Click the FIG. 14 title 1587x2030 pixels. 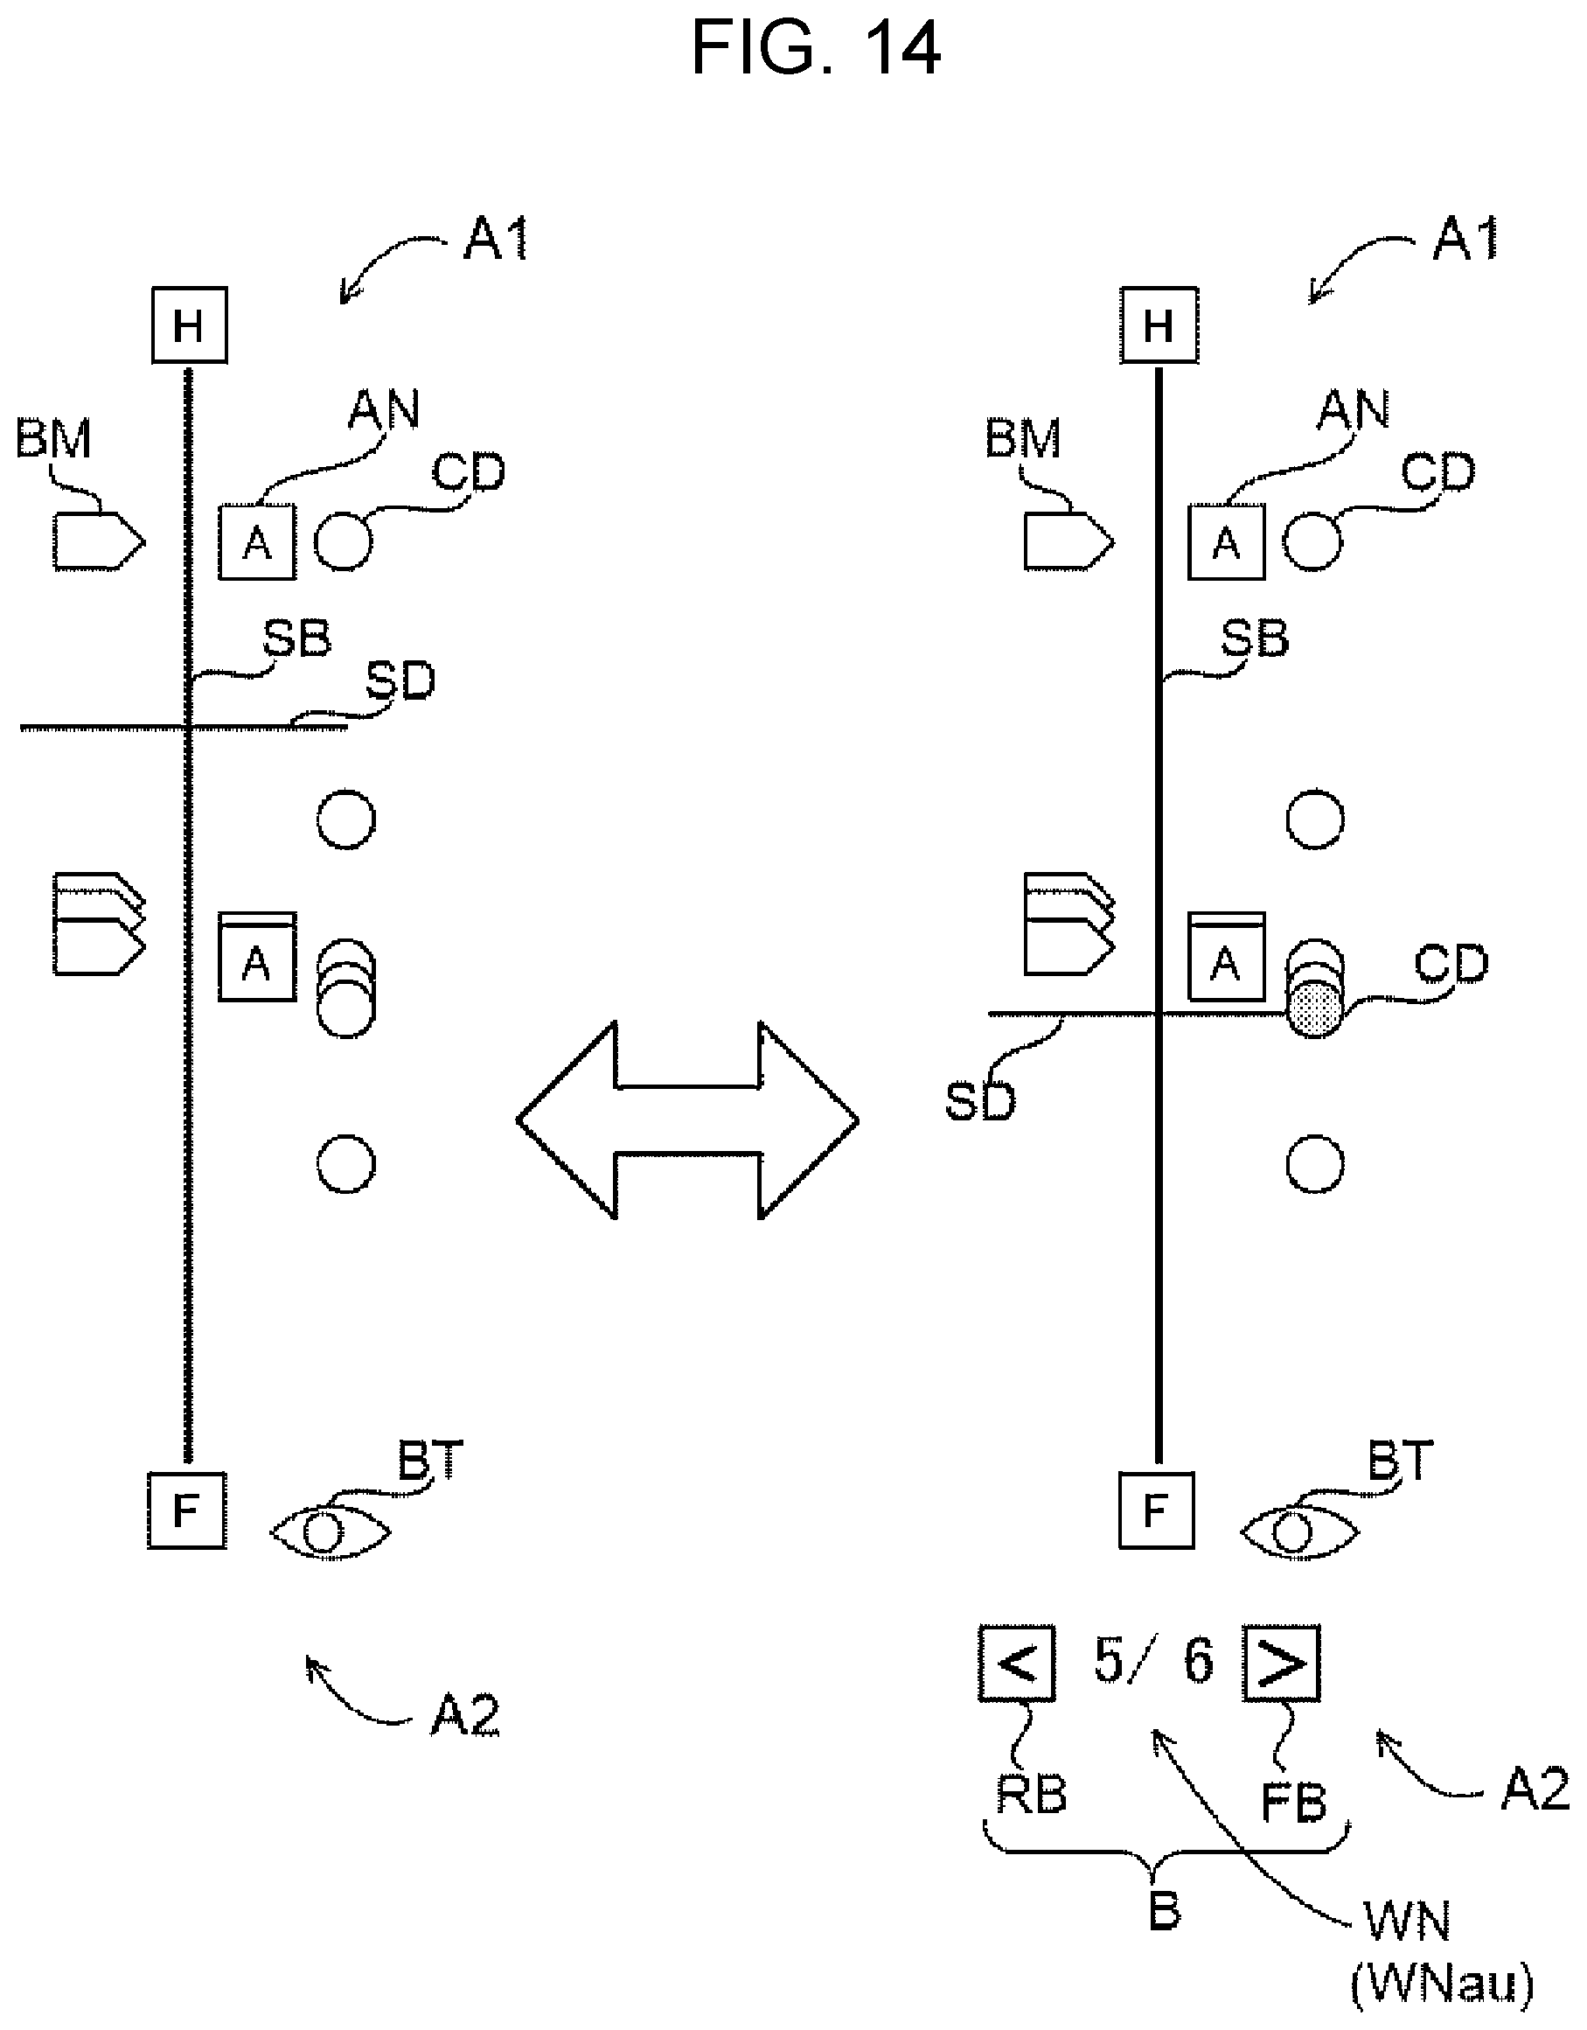click(816, 49)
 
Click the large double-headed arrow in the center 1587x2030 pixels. click(687, 1120)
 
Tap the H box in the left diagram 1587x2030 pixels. click(190, 325)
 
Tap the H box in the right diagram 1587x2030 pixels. click(1159, 325)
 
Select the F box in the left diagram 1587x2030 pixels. click(187, 1510)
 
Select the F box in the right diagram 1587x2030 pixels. click(1156, 1510)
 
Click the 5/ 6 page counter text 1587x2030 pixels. click(1153, 1661)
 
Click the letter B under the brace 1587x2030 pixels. click(1164, 1911)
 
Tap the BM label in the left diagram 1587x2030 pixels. click(53, 438)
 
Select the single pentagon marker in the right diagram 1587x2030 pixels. click(1068, 541)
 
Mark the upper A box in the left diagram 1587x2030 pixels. click(257, 542)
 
